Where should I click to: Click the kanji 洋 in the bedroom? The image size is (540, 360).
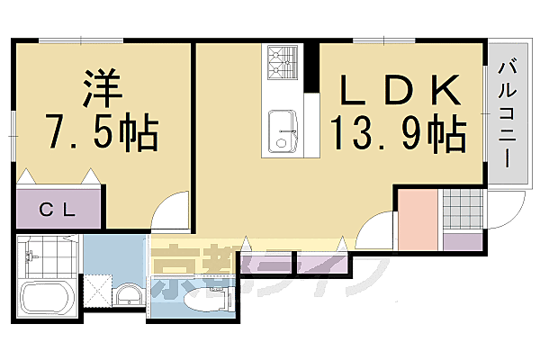pyautogui.click(x=101, y=90)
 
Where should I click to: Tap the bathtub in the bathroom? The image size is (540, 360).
pyautogui.click(x=48, y=300)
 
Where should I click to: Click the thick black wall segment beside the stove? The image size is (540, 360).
pyautogui.click(x=311, y=67)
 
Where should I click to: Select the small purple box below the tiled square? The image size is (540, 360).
pyautogui.click(x=463, y=240)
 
